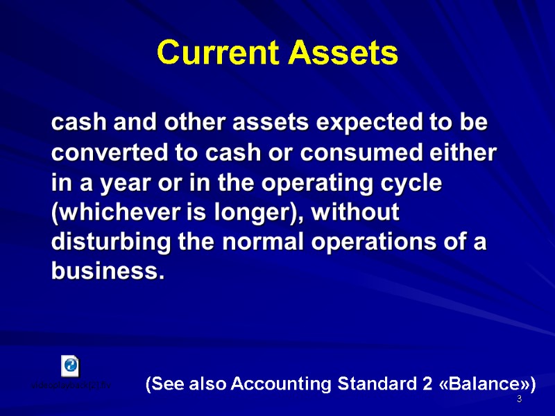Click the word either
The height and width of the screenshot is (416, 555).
point(465,153)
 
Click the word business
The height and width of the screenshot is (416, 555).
point(108,272)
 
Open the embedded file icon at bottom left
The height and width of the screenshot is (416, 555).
point(70,365)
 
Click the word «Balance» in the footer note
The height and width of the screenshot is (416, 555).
point(486,383)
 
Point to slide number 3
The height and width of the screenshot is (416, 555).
point(518,400)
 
